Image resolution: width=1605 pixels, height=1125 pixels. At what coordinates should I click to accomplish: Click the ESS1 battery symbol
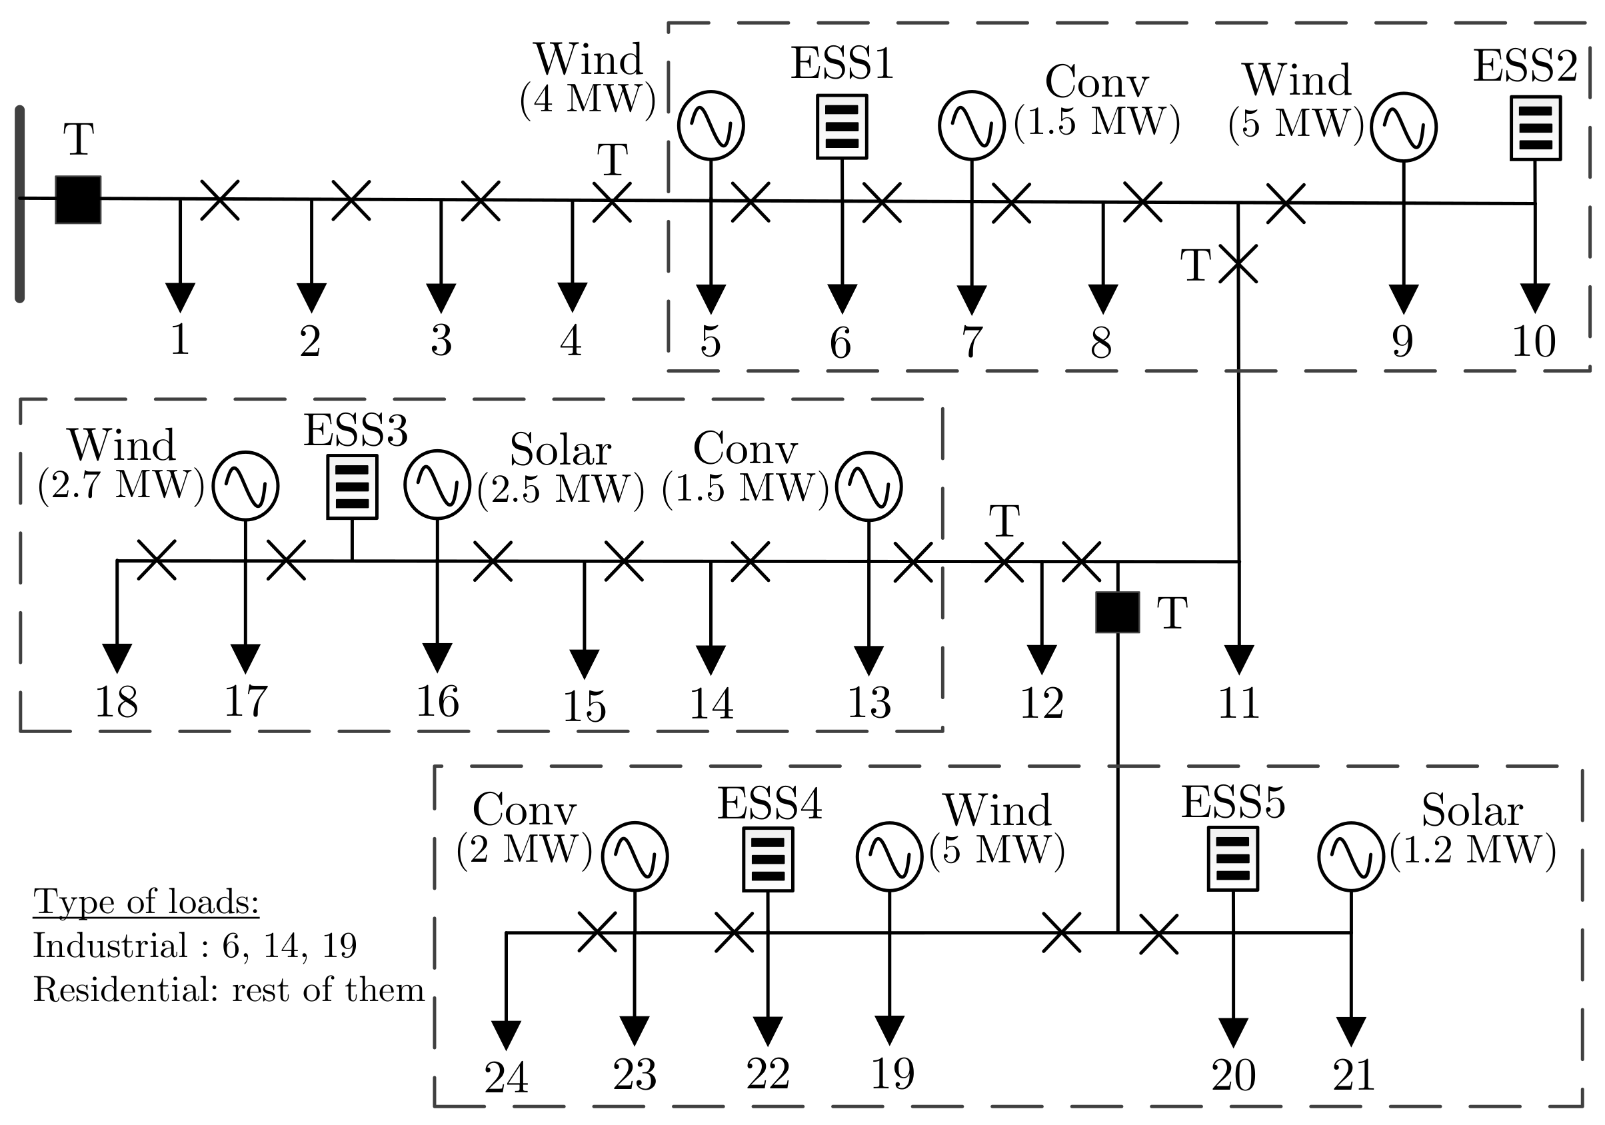(842, 127)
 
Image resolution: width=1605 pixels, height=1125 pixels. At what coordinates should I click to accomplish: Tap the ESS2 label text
(1524, 67)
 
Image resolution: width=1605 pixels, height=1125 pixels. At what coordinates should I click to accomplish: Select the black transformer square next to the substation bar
(78, 199)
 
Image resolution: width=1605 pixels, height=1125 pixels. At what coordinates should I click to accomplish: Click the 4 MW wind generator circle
(711, 126)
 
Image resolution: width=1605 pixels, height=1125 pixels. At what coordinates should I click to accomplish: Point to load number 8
(1101, 343)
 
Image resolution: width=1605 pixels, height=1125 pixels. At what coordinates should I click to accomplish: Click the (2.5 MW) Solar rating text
(561, 489)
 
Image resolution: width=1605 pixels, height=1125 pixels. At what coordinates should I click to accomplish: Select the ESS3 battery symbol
(353, 487)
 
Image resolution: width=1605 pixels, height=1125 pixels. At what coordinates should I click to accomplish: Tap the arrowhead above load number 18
(117, 657)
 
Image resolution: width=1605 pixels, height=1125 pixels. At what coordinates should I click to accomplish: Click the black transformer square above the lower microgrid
(1117, 612)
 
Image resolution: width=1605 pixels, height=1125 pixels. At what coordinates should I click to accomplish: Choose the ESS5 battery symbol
(1233, 858)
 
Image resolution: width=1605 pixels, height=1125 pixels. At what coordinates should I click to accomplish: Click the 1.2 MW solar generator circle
(1350, 856)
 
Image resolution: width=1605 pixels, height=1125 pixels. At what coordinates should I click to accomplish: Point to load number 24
(506, 1078)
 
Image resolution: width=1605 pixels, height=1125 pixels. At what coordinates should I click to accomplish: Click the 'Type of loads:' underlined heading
(146, 902)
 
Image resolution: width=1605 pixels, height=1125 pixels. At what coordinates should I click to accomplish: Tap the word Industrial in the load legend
(110, 946)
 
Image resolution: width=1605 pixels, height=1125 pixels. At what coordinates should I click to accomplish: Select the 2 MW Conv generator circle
(635, 856)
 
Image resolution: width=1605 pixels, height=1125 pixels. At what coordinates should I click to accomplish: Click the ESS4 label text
(770, 804)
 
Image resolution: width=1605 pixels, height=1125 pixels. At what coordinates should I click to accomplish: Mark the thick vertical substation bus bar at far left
(19, 203)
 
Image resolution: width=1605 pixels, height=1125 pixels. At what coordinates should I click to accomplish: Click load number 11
(1238, 703)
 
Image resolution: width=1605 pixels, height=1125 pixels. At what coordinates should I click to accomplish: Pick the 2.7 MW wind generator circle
(245, 486)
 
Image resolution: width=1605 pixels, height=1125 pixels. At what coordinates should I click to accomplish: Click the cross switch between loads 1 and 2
(219, 200)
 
